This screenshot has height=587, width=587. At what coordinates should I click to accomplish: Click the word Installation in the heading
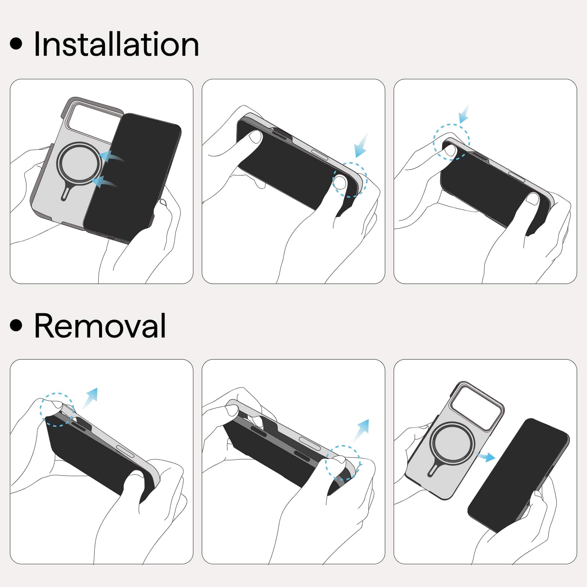[x=116, y=44]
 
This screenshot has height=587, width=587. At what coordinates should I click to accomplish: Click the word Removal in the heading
[x=100, y=325]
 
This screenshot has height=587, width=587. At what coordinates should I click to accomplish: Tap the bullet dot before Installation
[x=16, y=43]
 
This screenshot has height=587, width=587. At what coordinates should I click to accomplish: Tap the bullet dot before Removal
[x=16, y=325]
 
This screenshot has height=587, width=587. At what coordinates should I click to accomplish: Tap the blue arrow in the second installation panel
[x=361, y=145]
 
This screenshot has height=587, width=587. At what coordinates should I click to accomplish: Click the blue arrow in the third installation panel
[x=464, y=114]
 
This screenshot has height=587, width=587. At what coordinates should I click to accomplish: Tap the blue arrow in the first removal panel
[x=90, y=398]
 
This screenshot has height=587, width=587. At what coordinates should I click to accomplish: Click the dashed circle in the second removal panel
[x=326, y=463]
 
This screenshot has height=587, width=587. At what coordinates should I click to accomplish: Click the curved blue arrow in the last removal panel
[x=486, y=456]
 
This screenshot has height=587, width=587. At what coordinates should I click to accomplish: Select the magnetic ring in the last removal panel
[x=431, y=443]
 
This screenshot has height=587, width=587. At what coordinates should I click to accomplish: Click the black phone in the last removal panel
[x=518, y=475]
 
